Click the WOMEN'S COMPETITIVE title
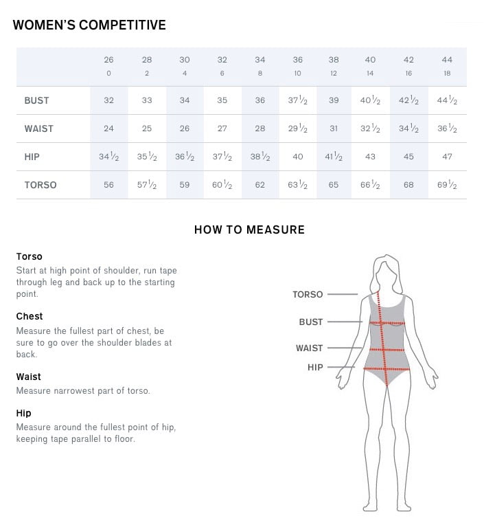pyautogui.click(x=89, y=25)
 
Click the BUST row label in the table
pyautogui.click(x=36, y=100)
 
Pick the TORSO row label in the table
pyautogui.click(x=40, y=185)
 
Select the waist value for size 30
pyautogui.click(x=185, y=129)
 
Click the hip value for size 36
pyautogui.click(x=297, y=157)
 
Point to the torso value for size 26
pyautogui.click(x=108, y=185)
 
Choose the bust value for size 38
pyautogui.click(x=334, y=100)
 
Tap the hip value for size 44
pyautogui.click(x=447, y=157)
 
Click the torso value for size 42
pyautogui.click(x=409, y=185)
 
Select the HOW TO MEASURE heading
pyautogui.click(x=249, y=230)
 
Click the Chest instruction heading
pyautogui.click(x=30, y=317)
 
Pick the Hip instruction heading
pyautogui.click(x=23, y=414)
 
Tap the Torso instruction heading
pyautogui.click(x=30, y=257)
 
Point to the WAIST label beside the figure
pyautogui.click(x=309, y=348)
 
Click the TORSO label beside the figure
pyautogui.click(x=308, y=295)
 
